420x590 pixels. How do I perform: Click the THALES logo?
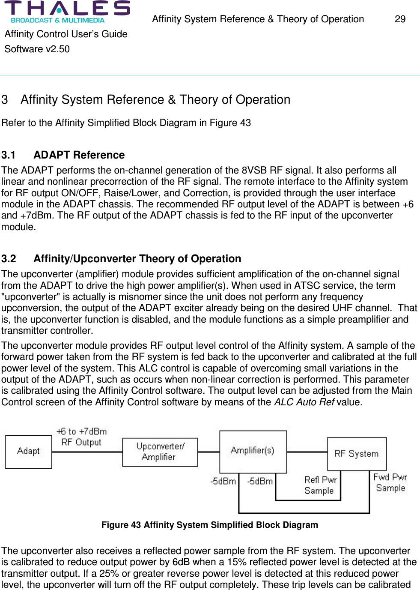tap(67, 9)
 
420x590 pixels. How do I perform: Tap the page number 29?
tap(400, 19)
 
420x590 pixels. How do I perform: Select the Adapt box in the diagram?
tap(28, 452)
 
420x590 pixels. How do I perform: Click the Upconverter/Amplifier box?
tap(160, 452)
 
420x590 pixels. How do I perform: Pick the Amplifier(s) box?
tap(253, 451)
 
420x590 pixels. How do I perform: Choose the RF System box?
tap(356, 454)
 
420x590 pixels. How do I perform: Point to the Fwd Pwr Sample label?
tap(390, 482)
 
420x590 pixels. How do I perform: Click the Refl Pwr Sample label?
tap(320, 485)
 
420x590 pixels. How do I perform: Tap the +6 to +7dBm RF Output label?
tap(81, 437)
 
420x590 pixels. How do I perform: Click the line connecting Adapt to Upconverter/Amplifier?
tap(87, 452)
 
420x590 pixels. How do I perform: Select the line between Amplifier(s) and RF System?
tap(307, 452)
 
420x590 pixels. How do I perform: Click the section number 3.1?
tap(9, 155)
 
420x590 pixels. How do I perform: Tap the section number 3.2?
tap(9, 259)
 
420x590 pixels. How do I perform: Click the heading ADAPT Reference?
tap(79, 155)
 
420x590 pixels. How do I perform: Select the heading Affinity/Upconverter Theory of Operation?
tap(137, 259)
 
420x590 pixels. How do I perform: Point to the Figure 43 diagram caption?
tap(210, 525)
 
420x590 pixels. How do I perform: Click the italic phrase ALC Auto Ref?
tap(304, 402)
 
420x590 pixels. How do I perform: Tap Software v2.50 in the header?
tap(37, 49)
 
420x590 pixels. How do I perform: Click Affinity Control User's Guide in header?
tap(66, 34)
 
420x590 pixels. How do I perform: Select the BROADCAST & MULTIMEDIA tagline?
tap(58, 20)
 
